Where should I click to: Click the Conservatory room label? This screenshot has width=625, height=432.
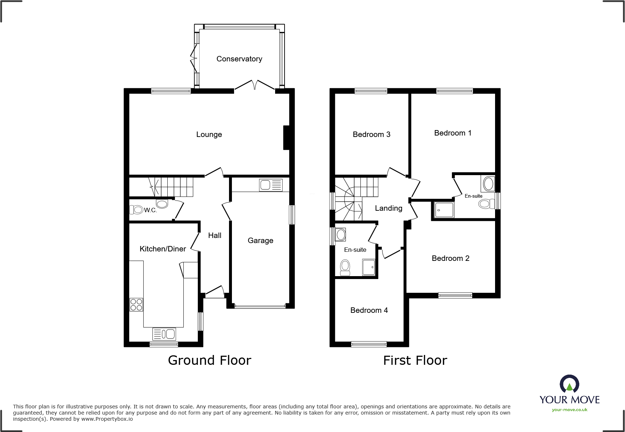tap(239, 59)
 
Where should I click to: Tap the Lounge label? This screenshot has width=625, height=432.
tap(209, 134)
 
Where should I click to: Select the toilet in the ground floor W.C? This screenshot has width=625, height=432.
tap(137, 209)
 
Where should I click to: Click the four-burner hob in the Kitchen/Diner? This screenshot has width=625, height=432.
tap(136, 304)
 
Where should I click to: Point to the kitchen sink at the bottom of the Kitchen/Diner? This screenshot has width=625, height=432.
tap(164, 334)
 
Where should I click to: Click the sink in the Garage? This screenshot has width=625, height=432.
tap(271, 185)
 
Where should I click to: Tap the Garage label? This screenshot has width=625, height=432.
tap(260, 241)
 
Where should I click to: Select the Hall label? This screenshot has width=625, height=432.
tap(215, 235)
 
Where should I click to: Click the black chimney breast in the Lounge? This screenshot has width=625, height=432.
tap(286, 137)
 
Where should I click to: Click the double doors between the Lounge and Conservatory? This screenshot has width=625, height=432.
tap(255, 85)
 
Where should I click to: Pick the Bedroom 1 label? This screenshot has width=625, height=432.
tap(453, 133)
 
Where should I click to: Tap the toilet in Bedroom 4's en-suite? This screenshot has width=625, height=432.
tap(345, 267)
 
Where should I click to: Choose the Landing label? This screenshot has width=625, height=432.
tap(388, 208)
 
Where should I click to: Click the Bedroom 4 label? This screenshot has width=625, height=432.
tap(369, 310)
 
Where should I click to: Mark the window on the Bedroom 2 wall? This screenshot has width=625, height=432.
tap(455, 295)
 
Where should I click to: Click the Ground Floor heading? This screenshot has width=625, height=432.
tap(209, 360)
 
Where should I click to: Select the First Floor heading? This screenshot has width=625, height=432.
tap(415, 360)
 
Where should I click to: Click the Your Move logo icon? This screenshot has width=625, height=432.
tap(569, 384)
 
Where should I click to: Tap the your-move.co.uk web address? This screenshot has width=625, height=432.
tap(569, 410)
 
